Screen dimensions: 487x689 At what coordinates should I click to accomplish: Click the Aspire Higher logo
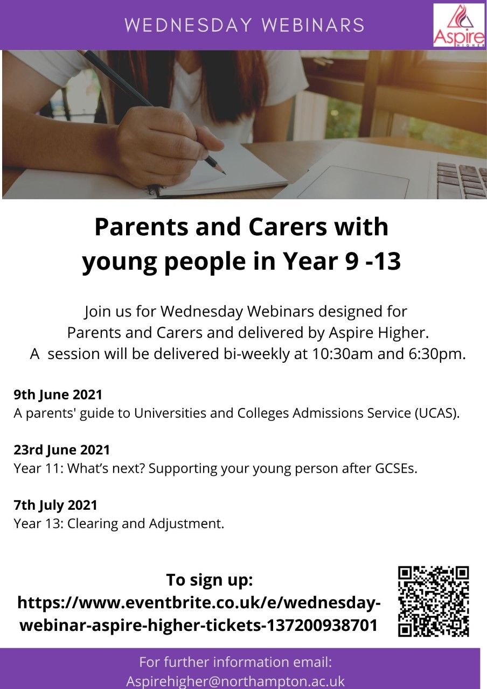click(458, 25)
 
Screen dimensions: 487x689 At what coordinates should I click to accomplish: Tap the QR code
click(434, 601)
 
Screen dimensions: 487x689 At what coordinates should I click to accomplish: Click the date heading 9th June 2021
click(58, 395)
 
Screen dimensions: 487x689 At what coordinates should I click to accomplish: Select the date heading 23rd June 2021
click(61, 450)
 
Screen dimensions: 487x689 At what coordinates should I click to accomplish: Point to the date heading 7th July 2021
click(55, 505)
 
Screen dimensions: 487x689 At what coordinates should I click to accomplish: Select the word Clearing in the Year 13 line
click(92, 524)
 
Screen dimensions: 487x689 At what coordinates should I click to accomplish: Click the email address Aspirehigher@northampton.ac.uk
click(235, 681)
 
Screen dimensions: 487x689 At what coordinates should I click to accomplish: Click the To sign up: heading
click(210, 580)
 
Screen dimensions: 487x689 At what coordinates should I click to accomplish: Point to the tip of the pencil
click(225, 174)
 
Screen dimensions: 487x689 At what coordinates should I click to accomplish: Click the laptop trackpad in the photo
click(354, 181)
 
